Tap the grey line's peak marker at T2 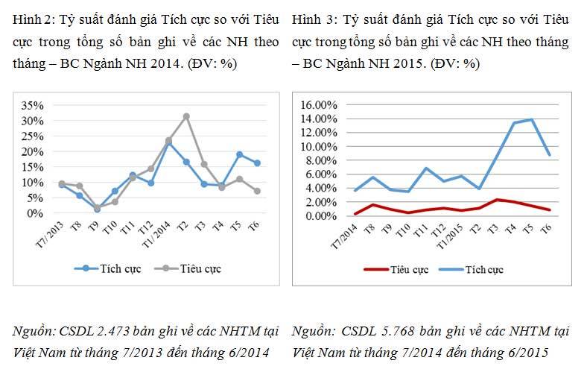pos(186,116)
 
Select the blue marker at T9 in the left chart pos(97,209)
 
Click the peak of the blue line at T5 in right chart pos(530,119)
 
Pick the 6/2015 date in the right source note pos(529,351)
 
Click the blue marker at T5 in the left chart pos(240,154)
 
